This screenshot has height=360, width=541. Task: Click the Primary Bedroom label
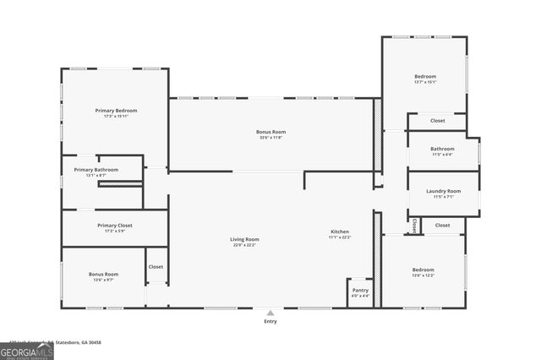(116, 111)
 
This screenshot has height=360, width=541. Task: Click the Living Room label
(244, 239)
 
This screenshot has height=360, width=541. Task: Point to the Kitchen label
(339, 232)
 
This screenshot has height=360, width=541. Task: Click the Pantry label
(360, 289)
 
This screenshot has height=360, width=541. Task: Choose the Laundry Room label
(443, 192)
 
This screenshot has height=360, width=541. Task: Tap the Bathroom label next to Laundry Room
(443, 149)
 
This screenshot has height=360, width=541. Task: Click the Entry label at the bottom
(270, 321)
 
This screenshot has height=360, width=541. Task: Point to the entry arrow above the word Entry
(270, 313)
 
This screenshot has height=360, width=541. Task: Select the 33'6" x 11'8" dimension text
(271, 138)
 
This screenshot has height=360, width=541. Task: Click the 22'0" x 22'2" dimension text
(244, 246)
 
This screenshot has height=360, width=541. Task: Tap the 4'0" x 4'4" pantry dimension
(360, 296)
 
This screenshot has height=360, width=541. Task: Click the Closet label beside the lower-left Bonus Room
(156, 267)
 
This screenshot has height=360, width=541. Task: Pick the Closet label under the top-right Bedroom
(437, 121)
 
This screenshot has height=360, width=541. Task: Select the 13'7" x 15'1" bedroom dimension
(425, 83)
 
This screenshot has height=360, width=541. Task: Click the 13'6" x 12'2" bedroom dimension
(423, 276)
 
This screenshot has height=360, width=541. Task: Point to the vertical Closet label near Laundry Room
(414, 226)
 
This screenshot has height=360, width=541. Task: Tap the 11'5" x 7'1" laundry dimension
(443, 198)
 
